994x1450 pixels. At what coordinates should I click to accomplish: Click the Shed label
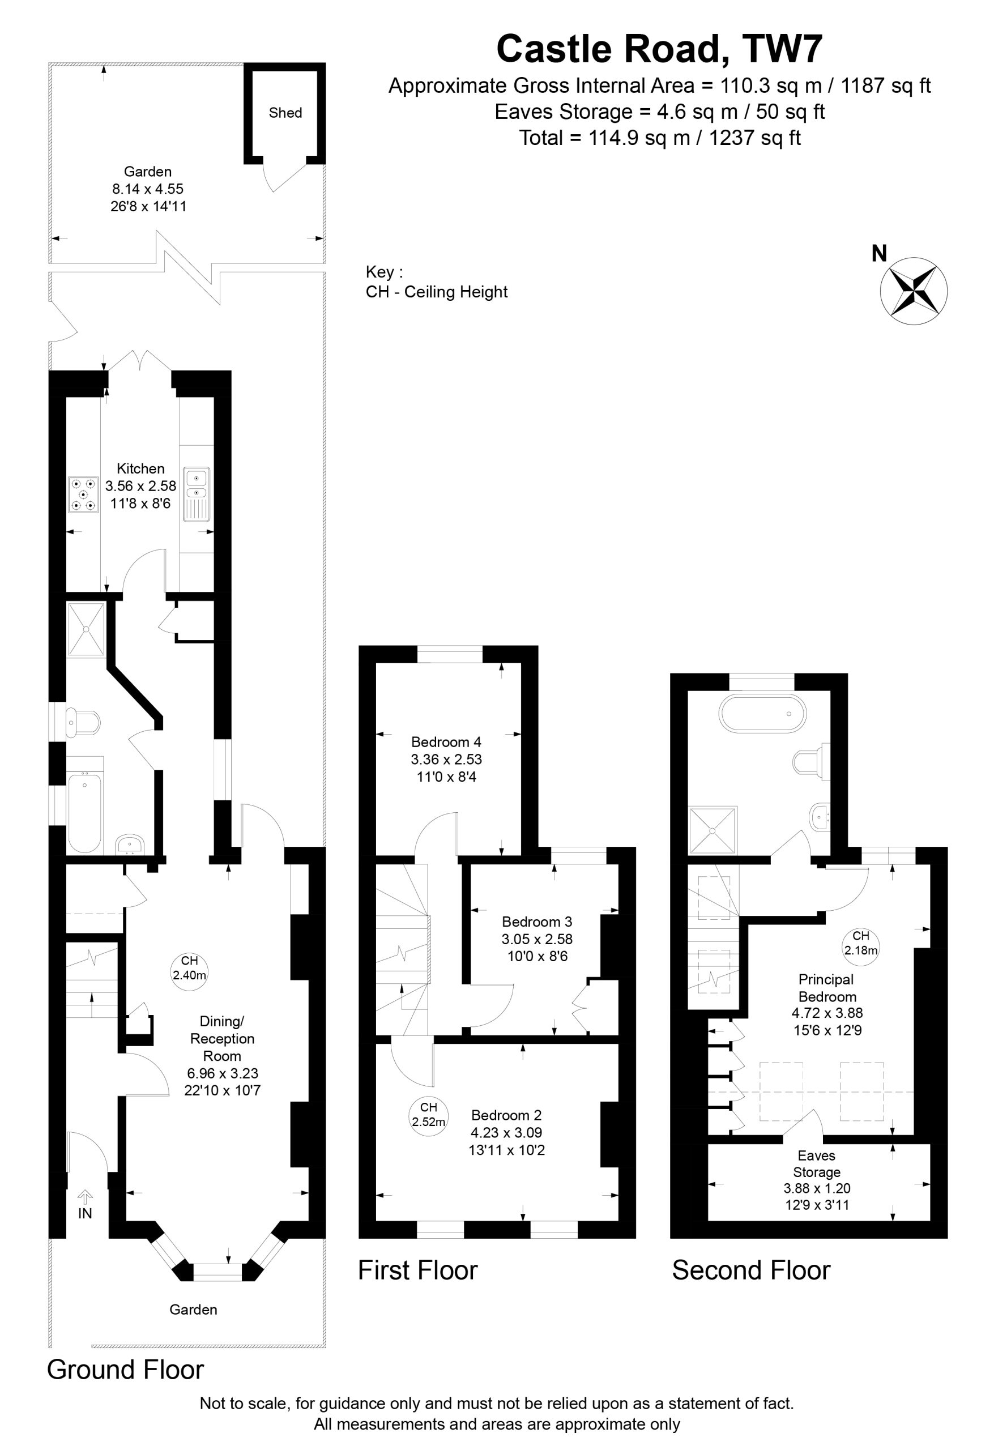(x=285, y=113)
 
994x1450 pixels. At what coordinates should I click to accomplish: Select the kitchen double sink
(x=197, y=493)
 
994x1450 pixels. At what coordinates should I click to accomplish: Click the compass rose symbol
(x=914, y=291)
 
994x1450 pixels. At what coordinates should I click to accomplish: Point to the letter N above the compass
(x=879, y=253)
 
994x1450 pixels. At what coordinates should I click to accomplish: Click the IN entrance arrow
(x=85, y=1197)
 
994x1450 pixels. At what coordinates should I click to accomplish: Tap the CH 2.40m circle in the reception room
(x=189, y=968)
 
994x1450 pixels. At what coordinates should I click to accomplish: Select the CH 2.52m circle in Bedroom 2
(x=429, y=1114)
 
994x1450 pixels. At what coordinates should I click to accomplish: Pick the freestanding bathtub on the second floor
(x=762, y=713)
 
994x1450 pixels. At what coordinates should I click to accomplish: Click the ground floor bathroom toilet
(x=83, y=723)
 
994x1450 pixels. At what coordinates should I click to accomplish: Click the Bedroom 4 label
(x=446, y=742)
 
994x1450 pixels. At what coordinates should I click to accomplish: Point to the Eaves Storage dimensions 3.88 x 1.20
(x=817, y=1188)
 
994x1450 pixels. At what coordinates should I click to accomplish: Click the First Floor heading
(x=417, y=1270)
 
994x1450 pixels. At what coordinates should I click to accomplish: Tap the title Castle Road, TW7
(x=659, y=49)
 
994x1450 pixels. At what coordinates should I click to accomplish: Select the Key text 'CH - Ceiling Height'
(x=437, y=292)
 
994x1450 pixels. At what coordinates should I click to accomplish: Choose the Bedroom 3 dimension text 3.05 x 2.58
(x=537, y=939)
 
